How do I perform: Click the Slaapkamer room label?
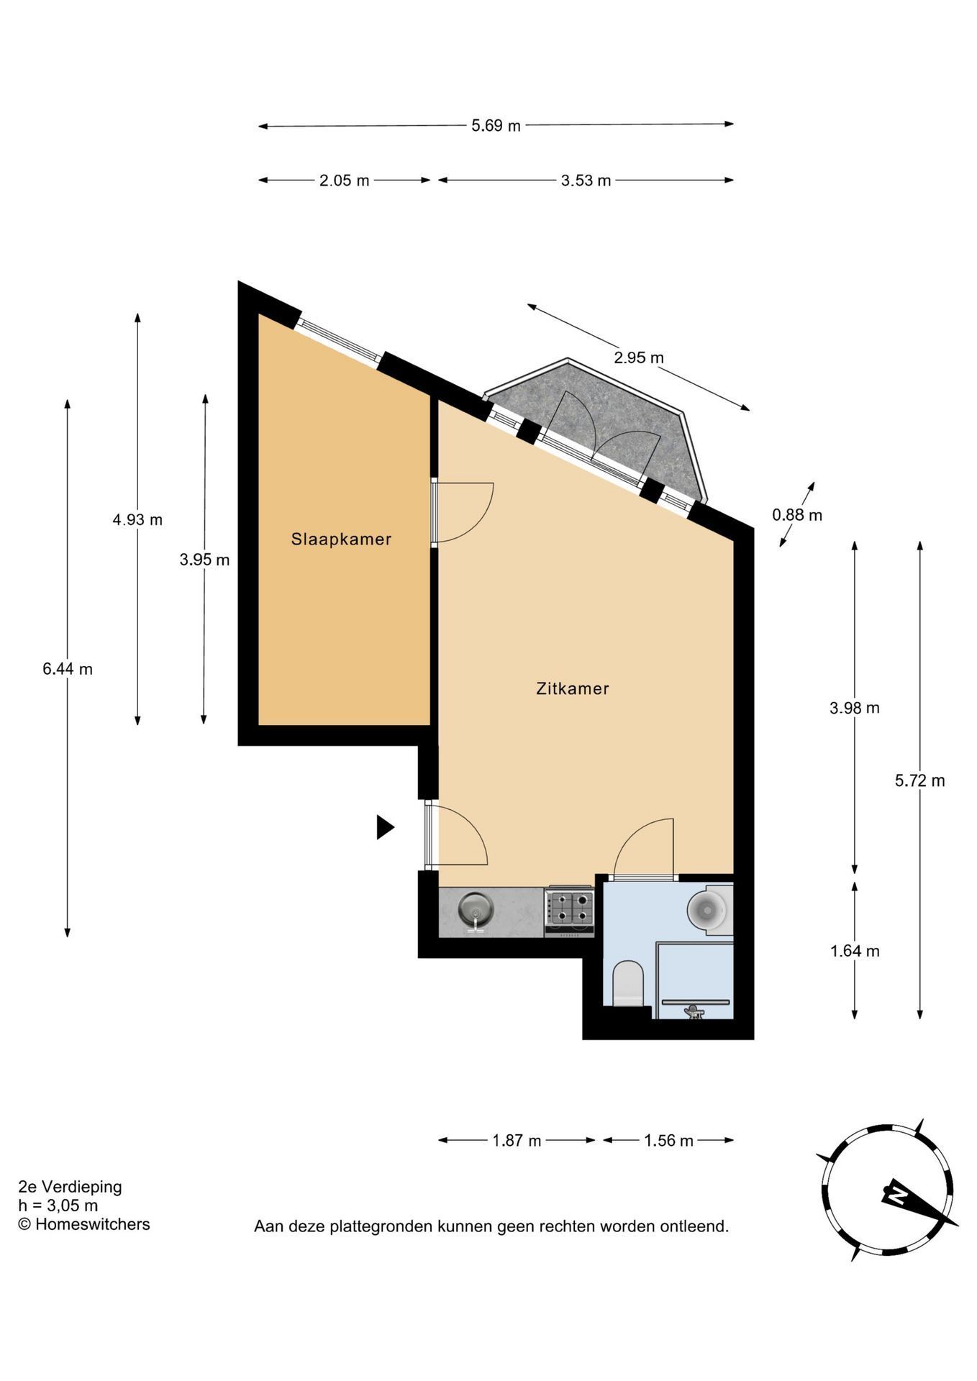341,539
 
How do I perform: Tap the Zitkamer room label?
573,689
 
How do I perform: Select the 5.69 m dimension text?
496,126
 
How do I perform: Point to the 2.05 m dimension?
344,181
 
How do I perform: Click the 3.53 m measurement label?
586,181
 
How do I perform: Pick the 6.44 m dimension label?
68,670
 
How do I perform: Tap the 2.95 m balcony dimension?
639,357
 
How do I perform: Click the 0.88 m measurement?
797,515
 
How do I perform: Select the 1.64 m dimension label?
855,952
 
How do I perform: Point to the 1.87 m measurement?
517,1141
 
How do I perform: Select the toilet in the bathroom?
627,983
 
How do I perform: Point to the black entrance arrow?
386,828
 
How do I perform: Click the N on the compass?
898,1195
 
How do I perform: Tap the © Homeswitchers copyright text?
84,1224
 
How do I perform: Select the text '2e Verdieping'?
70,1187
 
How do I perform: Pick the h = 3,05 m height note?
58,1205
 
